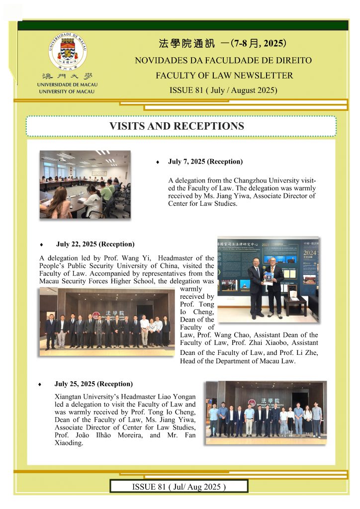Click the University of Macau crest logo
coord(68,51)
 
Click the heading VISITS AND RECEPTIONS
coord(177,126)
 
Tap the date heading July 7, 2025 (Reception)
coord(205,162)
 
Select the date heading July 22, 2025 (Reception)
coord(95,244)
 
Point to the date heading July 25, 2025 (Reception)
coord(93,384)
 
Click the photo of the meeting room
coord(85,184)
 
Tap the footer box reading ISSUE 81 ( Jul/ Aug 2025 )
coord(179,486)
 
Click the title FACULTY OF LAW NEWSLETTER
coord(224,76)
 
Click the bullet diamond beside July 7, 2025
coord(158,163)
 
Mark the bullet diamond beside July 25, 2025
coord(45,384)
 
